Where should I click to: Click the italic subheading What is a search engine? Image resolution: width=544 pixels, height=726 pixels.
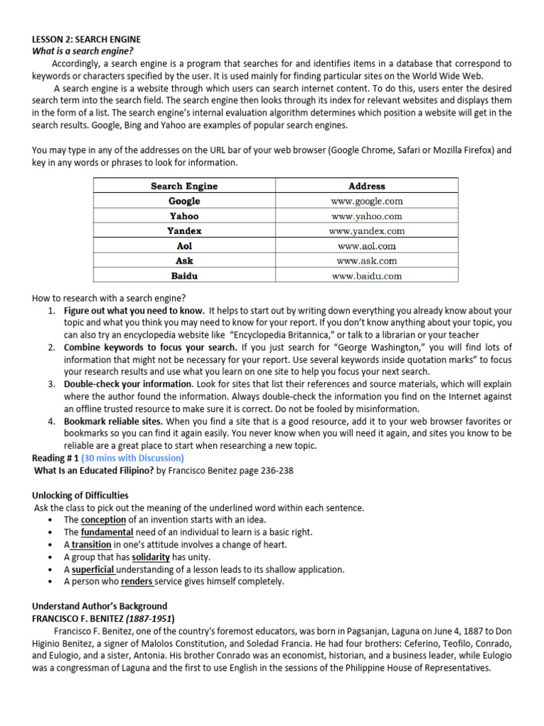coord(83,52)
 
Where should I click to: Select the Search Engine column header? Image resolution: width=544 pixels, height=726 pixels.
coord(184,186)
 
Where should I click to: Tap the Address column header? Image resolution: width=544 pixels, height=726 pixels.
coord(367,186)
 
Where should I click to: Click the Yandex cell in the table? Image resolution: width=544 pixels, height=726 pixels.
coord(184,231)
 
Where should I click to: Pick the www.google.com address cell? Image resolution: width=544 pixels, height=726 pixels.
coord(367,201)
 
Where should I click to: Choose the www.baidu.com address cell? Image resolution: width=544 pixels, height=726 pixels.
coord(367,277)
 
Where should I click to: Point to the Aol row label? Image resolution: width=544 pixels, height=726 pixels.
coord(184,246)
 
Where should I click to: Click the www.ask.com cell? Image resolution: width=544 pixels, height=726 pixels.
coord(367,261)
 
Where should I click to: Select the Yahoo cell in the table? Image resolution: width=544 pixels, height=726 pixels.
coord(184,216)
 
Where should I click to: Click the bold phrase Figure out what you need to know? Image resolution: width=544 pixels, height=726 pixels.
coord(135,311)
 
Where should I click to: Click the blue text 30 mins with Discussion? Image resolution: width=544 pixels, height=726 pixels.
coord(134,458)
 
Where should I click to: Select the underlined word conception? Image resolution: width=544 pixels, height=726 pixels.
coord(103,520)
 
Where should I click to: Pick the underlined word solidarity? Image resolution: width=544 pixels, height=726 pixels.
coord(150,557)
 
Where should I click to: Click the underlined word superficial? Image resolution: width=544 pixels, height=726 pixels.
coord(93,569)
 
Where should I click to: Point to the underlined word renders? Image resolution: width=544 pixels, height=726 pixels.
coord(137,581)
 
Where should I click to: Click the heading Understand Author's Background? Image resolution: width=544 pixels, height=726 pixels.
coord(99,606)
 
